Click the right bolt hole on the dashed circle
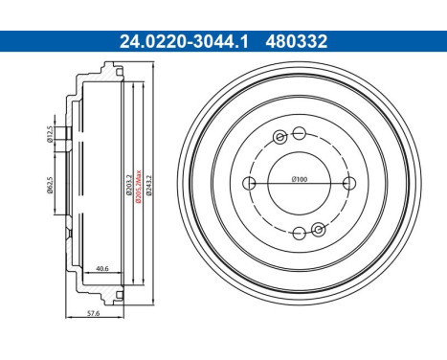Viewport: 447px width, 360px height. [x=350, y=183]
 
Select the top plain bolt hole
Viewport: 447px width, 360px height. [x=300, y=132]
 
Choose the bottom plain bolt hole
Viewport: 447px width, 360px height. [x=300, y=233]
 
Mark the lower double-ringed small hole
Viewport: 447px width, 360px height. [x=318, y=229]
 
